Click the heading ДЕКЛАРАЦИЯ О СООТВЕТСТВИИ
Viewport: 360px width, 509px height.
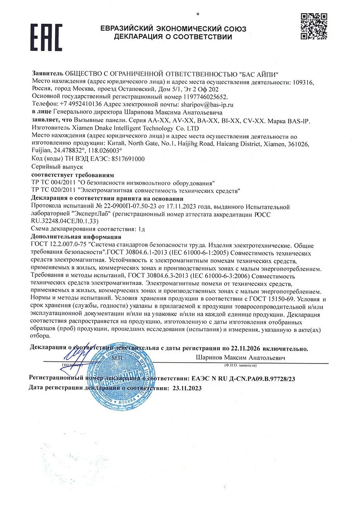(x=173, y=37)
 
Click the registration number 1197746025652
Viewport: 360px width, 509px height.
(x=188, y=97)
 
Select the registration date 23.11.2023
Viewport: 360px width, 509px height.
(x=185, y=388)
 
